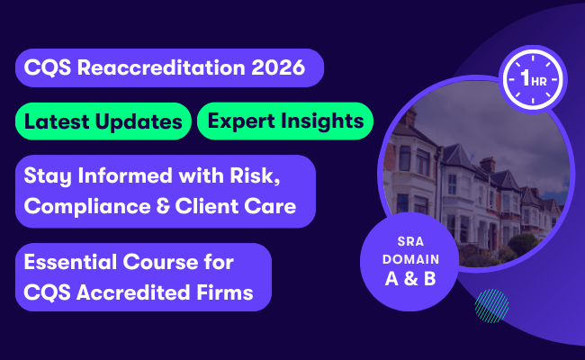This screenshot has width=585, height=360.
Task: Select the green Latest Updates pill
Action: [103, 121]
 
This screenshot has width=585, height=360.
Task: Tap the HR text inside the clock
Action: [537, 82]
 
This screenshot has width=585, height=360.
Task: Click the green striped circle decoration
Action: [491, 304]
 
